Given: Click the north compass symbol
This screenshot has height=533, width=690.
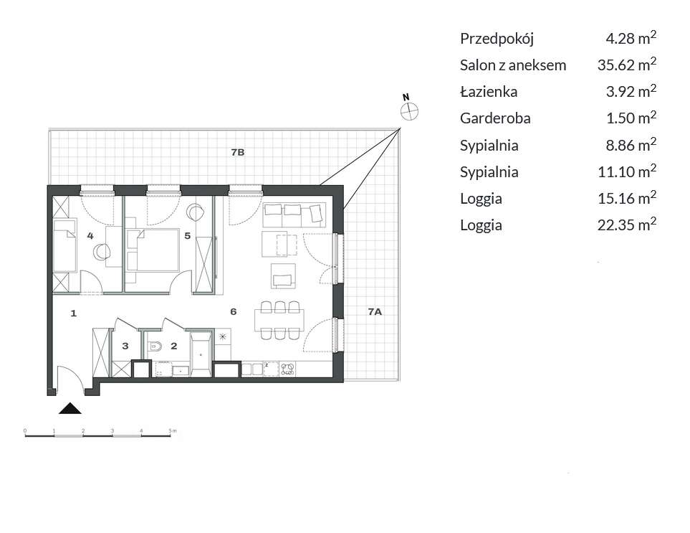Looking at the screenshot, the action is coord(409,111).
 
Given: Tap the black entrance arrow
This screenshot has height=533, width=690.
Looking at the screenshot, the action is coord(70,409).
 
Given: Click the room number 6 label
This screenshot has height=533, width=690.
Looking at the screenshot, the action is coord(234,312).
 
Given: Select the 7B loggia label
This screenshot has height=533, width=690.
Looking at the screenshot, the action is coord(238,153).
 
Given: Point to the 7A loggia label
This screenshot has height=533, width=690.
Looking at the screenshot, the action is coord(375,312).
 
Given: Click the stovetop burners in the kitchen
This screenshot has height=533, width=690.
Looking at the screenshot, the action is coord(288,369).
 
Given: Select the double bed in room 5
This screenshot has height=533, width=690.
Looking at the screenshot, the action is coord(152,250).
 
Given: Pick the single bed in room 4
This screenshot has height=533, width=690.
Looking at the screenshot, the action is coord(65,246).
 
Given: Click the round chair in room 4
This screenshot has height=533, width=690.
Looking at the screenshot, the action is coord(102,252).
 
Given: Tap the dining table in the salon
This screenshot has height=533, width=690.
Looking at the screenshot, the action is coord(279,320).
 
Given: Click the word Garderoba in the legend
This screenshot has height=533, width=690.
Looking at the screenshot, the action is coord(495,118).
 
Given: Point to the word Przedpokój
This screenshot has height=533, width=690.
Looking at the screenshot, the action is coord(497,39).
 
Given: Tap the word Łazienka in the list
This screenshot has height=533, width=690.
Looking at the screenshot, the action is coord(489,92).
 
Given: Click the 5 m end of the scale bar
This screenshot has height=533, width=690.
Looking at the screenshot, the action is coord(171,436).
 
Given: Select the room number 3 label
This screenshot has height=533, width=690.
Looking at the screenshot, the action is coord(125,346).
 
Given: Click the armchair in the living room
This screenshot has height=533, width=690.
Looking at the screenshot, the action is coord(283,276).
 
